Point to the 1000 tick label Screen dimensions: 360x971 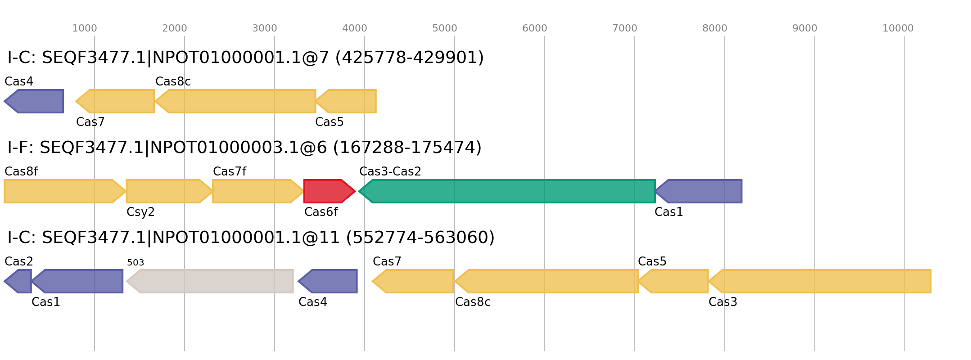[85, 29]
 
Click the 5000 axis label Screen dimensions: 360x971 [445, 29]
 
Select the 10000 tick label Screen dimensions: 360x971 [898, 29]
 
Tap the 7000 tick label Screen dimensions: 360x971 [625, 29]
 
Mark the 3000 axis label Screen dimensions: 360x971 [265, 29]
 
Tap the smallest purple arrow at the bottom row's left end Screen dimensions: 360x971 [19, 281]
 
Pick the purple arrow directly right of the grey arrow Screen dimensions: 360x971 [328, 281]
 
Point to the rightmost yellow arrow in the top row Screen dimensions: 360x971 [347, 101]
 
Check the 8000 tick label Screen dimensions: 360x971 [715, 29]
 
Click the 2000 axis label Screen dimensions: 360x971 [175, 29]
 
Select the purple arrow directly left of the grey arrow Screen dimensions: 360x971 [78, 281]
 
